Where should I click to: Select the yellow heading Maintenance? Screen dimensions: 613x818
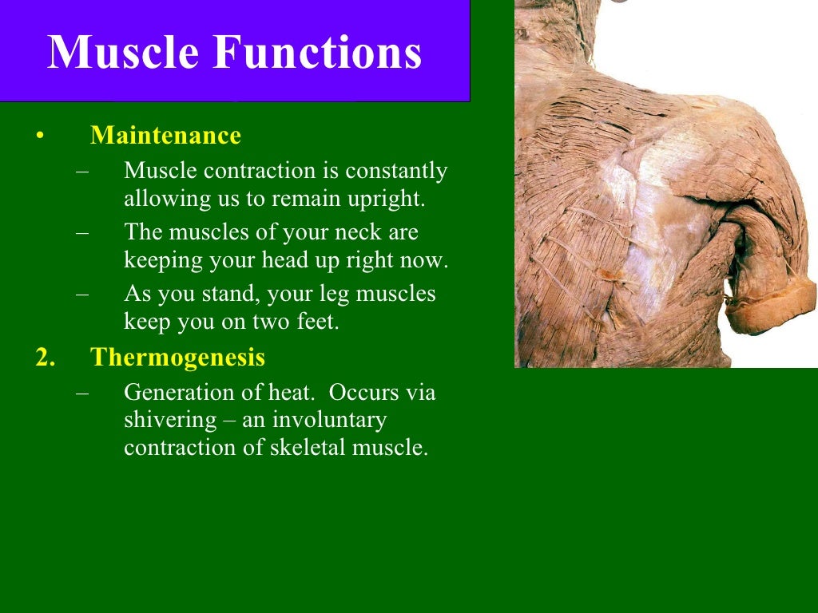[165, 136]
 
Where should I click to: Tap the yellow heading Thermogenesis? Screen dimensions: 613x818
[177, 357]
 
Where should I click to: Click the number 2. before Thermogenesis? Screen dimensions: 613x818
[45, 357]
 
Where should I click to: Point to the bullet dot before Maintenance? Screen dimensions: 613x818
[38, 136]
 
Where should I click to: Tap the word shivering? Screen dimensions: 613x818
[170, 420]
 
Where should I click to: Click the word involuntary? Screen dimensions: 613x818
[329, 420]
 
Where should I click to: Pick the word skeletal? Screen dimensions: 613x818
[308, 447]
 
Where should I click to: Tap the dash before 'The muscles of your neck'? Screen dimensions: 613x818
[83, 233]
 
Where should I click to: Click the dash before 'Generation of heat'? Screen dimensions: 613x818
[83, 393]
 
